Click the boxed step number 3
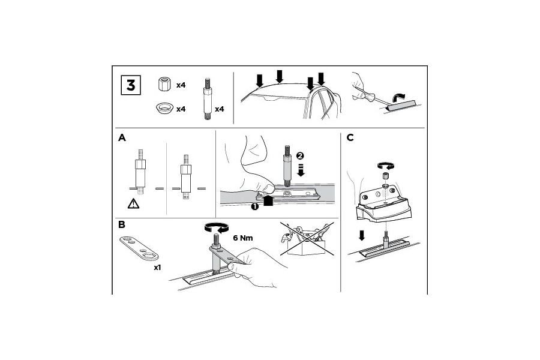(131, 85)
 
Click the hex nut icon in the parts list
(164, 84)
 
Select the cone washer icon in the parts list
(164, 108)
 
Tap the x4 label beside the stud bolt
(220, 109)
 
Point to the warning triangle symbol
(133, 203)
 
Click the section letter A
(122, 138)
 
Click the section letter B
(122, 224)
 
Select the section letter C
(350, 138)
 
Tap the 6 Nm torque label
(243, 238)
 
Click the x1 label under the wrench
(157, 268)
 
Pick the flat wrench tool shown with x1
(139, 248)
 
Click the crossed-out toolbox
(307, 239)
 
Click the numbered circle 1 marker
(254, 206)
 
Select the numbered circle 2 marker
(300, 156)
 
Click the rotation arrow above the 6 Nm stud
(217, 227)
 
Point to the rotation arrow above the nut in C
(386, 166)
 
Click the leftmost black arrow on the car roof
(260, 80)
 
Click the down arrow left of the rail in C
(361, 236)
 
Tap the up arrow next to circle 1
(268, 201)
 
